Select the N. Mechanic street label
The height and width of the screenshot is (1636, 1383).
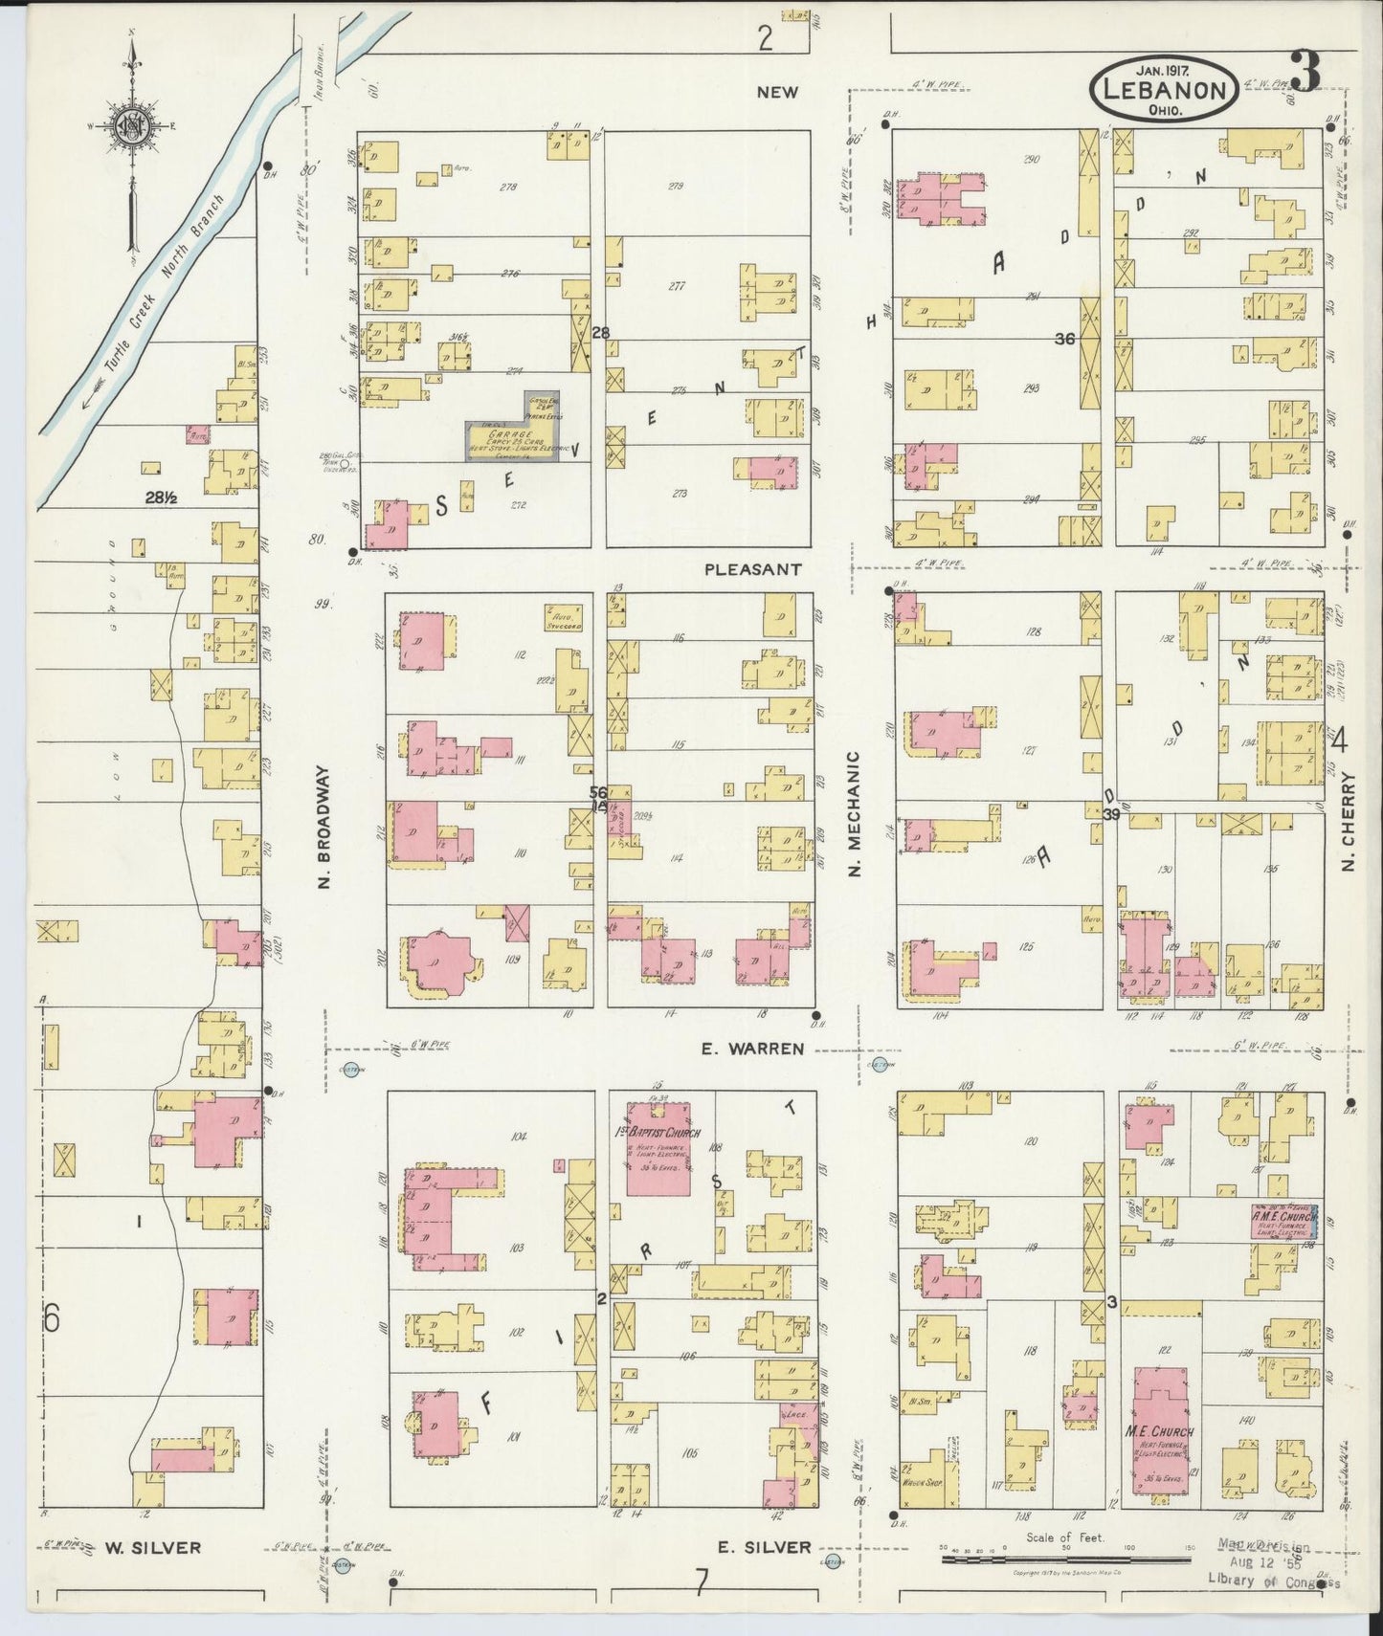pyautogui.click(x=855, y=814)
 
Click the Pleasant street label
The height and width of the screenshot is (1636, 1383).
pyautogui.click(x=752, y=568)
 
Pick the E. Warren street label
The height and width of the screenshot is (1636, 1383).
pyautogui.click(x=752, y=1049)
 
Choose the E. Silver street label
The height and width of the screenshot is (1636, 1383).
pyautogui.click(x=764, y=1546)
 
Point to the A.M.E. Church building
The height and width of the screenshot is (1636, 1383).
pyautogui.click(x=1285, y=1223)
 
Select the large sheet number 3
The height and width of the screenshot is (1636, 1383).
pyautogui.click(x=1305, y=72)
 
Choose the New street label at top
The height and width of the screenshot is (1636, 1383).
pyautogui.click(x=776, y=92)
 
